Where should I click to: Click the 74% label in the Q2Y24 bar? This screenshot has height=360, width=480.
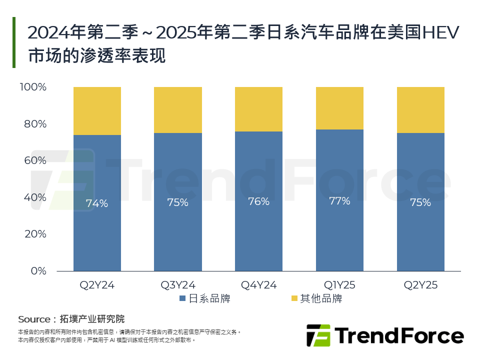97,203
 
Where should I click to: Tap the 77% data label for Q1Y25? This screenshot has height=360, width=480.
339,201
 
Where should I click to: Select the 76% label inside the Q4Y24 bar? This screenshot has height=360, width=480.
258,201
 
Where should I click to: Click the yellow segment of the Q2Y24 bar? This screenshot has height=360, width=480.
97,111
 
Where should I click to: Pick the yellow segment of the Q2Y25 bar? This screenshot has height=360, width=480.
420,110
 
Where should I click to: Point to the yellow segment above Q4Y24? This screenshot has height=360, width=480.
258,109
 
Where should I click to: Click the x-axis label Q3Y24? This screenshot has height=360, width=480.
177,285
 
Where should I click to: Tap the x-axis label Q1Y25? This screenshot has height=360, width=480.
339,285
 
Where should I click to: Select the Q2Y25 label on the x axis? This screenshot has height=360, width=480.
420,285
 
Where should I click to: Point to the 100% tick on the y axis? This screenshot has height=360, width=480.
32,87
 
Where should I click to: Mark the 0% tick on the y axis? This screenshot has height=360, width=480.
37,271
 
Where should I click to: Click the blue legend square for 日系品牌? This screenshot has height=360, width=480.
182,299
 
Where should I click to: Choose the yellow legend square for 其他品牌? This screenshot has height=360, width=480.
294,299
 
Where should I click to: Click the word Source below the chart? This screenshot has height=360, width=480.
34,319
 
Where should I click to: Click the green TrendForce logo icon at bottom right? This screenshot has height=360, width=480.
318,335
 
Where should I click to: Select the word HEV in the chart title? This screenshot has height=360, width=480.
440,33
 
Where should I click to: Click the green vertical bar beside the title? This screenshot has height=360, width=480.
14,42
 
